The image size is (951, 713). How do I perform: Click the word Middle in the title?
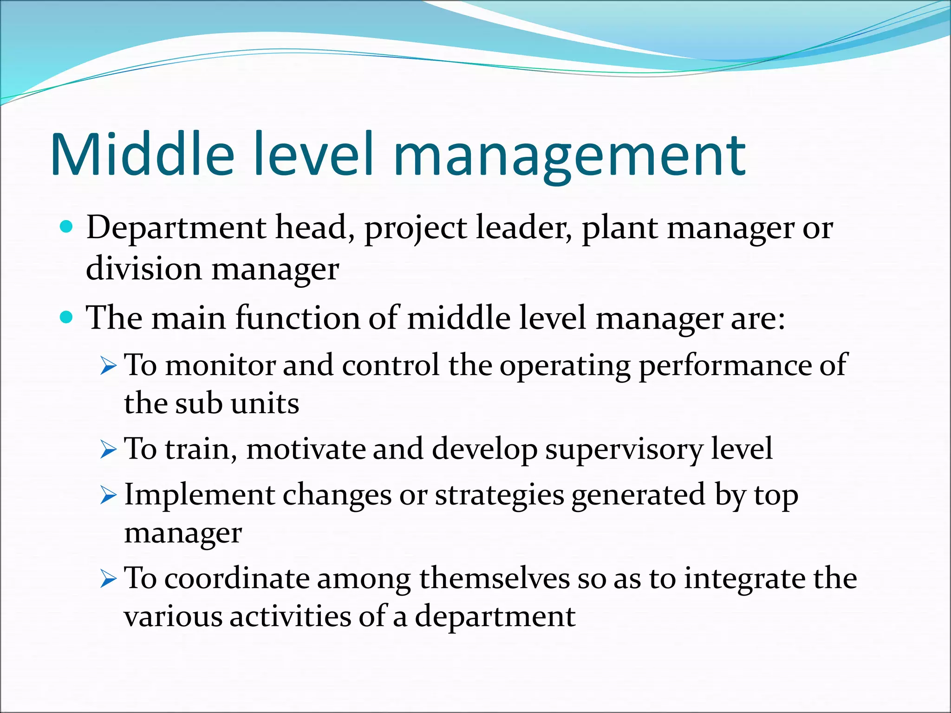142,154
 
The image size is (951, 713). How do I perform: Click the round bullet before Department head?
67,227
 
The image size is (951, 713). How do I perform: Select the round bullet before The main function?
67,318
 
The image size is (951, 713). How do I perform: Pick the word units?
265,403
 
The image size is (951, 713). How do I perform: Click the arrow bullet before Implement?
108,496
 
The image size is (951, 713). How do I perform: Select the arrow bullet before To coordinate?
108,580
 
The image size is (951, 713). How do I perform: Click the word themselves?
494,579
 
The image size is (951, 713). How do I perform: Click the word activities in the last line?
290,617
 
